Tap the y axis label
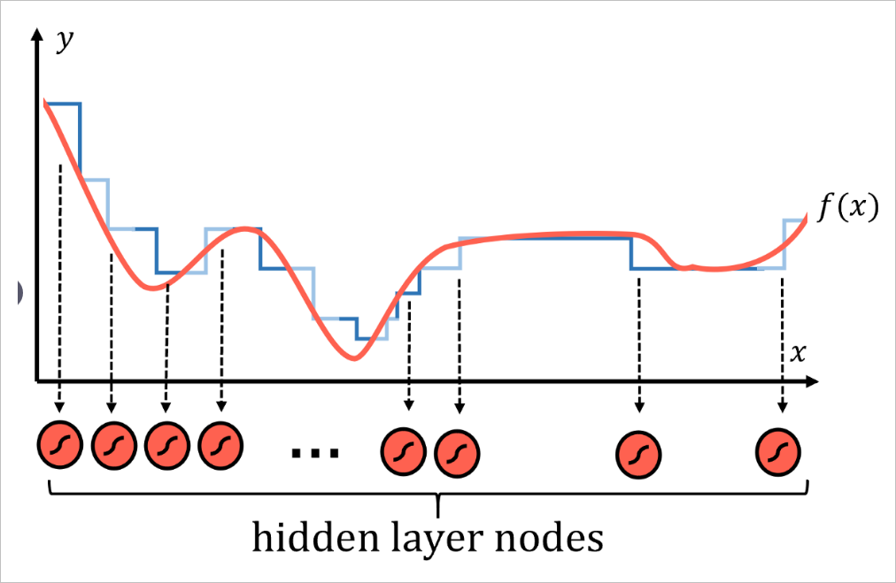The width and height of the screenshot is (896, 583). coord(64,41)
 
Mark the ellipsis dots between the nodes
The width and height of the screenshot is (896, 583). coord(315,454)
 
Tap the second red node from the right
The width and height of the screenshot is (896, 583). coord(639,453)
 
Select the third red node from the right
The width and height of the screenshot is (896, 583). coord(458,452)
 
